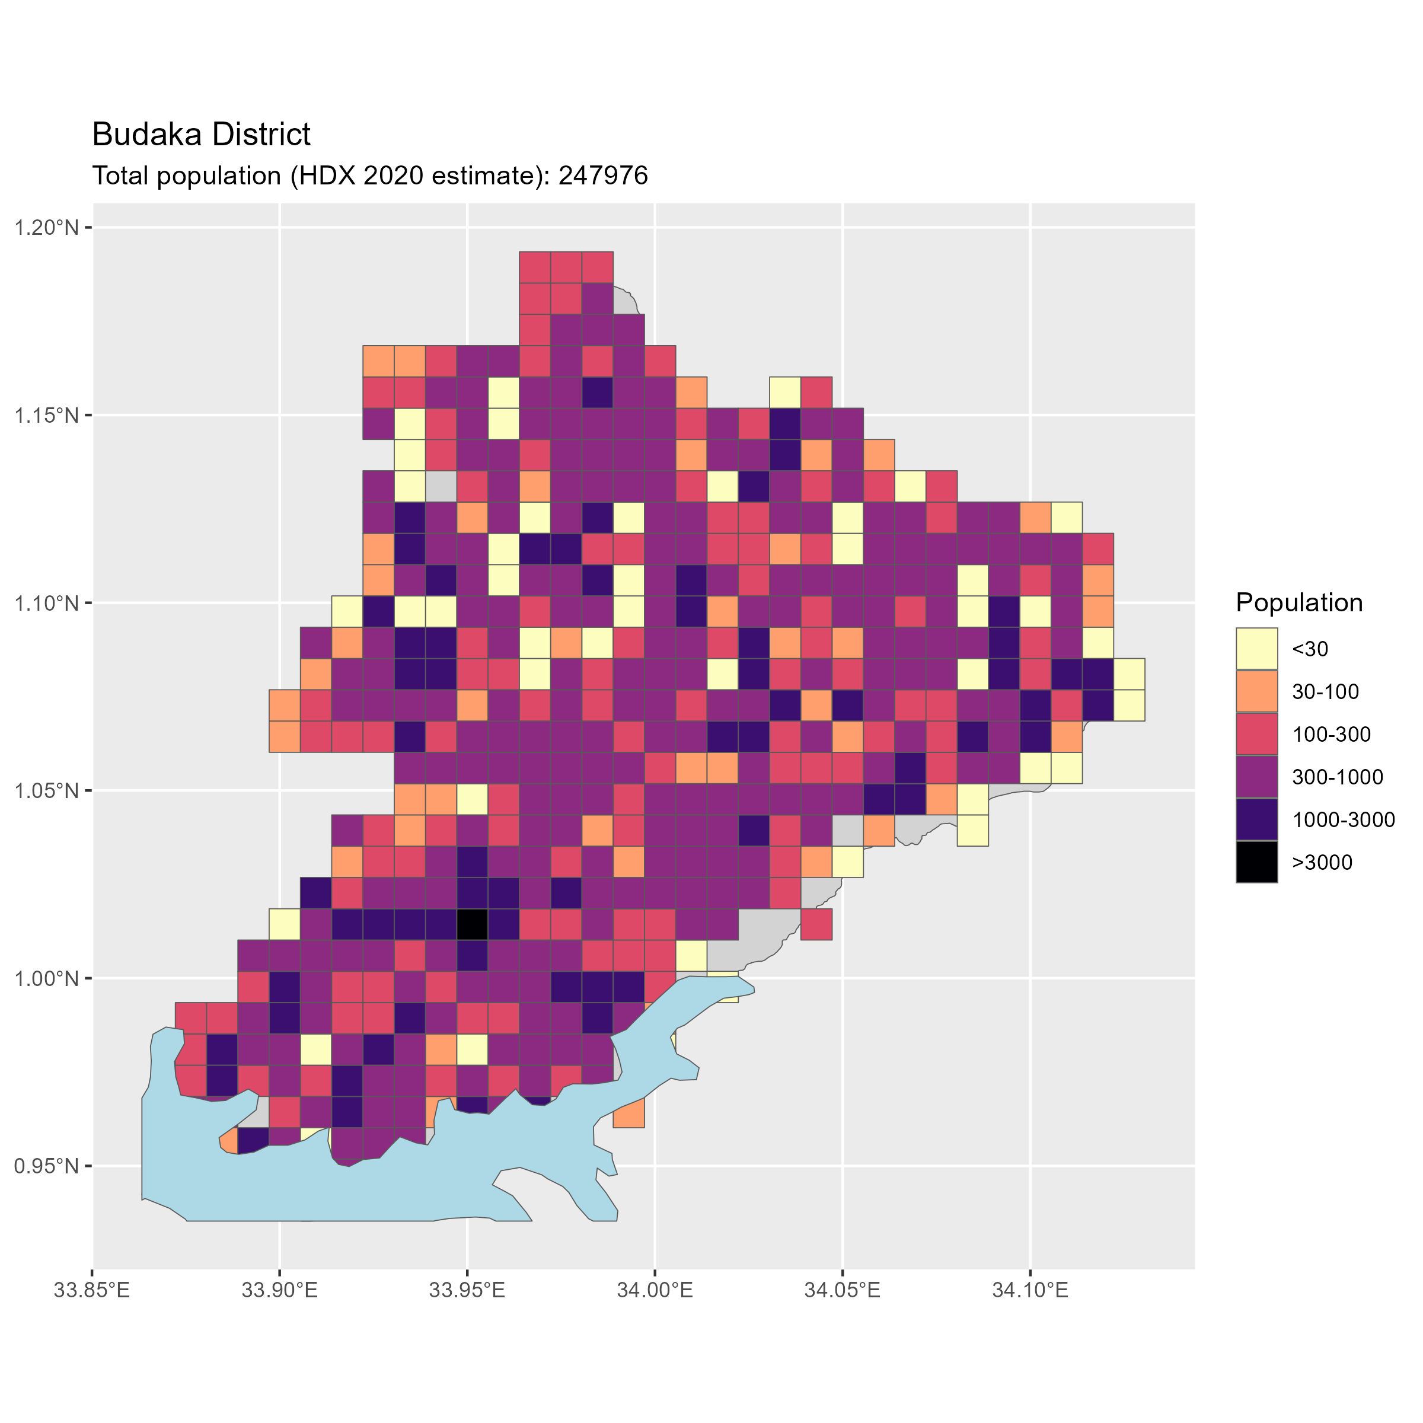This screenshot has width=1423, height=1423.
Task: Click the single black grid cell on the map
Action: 472,924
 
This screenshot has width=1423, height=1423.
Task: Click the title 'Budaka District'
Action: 201,135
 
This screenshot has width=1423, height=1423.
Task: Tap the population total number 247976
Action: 603,176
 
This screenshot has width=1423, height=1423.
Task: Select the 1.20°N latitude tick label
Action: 46,228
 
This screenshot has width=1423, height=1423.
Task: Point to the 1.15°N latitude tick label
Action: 46,416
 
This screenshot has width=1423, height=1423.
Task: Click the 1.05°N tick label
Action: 46,791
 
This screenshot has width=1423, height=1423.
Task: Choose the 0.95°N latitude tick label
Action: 46,1167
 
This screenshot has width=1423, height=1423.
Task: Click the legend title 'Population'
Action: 1299,602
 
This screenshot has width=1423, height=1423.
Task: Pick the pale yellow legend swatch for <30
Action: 1256,649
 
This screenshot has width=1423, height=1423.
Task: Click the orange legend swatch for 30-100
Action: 1256,691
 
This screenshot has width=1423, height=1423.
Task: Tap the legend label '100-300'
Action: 1332,735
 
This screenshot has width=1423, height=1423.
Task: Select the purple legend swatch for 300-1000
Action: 1256,777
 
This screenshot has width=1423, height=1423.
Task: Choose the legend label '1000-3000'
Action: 1344,820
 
